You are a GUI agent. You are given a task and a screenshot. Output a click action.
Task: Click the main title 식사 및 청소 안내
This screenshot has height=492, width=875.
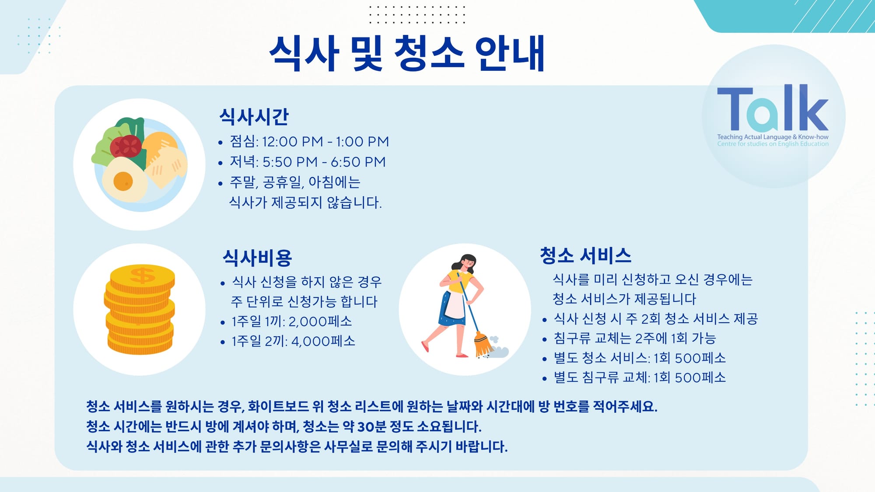click(x=407, y=53)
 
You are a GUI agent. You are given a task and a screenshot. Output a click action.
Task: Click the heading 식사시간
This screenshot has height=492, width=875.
click(x=254, y=116)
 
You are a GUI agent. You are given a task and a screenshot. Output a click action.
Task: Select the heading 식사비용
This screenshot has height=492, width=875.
click(x=257, y=258)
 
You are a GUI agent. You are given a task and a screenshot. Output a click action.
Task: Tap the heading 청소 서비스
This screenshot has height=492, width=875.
click(x=585, y=255)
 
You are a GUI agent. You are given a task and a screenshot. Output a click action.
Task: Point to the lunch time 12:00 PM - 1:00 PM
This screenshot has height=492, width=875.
click(x=325, y=142)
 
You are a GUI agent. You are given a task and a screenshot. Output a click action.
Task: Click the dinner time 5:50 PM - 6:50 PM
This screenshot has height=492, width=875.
click(x=324, y=162)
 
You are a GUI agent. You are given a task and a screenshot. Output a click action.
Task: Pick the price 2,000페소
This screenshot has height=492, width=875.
click(x=320, y=321)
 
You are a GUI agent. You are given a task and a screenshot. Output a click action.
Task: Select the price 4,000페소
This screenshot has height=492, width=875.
click(x=323, y=341)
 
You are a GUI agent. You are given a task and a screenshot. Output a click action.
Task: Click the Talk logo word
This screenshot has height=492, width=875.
click(x=773, y=108)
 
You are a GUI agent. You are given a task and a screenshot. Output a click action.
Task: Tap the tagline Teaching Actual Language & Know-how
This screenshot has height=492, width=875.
click(x=773, y=137)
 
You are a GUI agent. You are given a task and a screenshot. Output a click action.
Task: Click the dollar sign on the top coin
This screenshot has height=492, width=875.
click(x=142, y=276)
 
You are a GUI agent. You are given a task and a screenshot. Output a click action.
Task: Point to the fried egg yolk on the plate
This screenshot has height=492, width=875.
click(x=123, y=181)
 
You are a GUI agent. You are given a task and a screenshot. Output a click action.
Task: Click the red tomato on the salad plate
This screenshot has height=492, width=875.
click(x=126, y=147)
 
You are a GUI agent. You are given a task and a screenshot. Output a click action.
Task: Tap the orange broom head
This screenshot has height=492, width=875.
click(x=483, y=344)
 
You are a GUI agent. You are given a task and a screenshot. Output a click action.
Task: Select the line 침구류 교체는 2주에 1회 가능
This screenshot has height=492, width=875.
click(x=635, y=338)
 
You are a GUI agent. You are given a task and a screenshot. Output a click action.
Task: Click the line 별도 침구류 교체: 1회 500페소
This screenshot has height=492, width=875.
click(x=640, y=377)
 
